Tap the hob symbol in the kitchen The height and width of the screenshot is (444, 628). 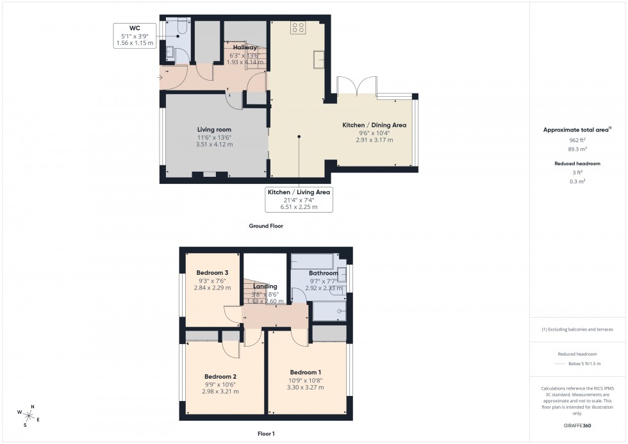(298, 27)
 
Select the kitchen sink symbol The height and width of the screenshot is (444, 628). (318, 59)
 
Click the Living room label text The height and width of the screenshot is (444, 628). (214, 129)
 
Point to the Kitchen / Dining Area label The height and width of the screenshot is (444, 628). (374, 124)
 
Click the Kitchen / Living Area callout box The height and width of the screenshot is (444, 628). (300, 199)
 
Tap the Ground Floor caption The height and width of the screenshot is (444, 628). (265, 226)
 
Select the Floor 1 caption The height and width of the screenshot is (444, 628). (265, 434)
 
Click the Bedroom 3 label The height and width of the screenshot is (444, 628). (212, 273)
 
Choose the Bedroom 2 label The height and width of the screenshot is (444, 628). (220, 376)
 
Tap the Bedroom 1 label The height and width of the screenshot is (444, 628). (306, 372)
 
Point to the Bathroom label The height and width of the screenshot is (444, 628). (323, 274)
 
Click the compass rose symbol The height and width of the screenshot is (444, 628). (28, 415)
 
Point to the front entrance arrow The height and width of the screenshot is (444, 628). (160, 78)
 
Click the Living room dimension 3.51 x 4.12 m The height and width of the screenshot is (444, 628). (214, 145)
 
